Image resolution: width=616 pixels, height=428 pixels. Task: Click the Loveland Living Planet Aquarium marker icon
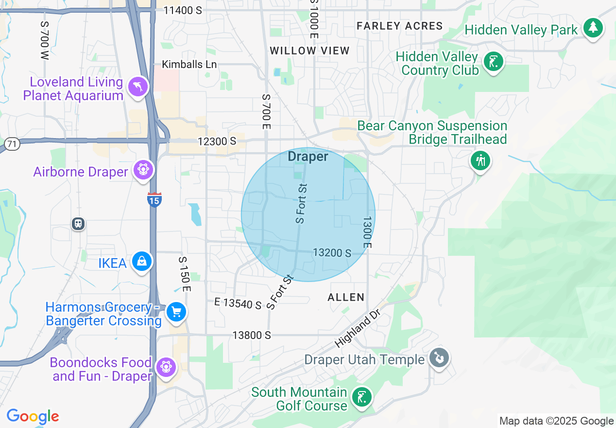click(x=137, y=87)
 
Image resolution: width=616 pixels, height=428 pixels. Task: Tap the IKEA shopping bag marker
click(x=141, y=262)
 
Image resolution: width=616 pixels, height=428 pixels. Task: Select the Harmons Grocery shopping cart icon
click(x=176, y=311)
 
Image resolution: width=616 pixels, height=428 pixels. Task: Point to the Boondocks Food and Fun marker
click(x=166, y=367)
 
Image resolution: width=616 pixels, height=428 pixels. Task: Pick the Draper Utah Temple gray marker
click(x=439, y=358)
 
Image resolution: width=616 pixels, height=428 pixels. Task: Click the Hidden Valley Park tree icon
click(x=592, y=28)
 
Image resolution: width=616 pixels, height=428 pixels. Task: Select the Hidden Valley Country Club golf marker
click(x=494, y=62)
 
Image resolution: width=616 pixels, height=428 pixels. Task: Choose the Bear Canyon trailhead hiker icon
click(x=480, y=160)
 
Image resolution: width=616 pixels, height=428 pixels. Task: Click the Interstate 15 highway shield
click(x=154, y=199)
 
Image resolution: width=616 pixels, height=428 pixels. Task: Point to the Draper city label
click(x=308, y=157)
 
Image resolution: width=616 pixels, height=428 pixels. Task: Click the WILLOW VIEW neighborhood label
click(x=309, y=51)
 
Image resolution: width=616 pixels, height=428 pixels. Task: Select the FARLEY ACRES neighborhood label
click(x=399, y=26)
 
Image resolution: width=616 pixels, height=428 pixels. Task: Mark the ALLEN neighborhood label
click(x=346, y=297)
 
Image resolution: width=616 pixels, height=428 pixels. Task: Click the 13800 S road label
click(x=251, y=335)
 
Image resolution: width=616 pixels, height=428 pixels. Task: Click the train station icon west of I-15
click(x=78, y=223)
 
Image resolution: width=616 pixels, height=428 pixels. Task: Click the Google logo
click(x=33, y=417)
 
